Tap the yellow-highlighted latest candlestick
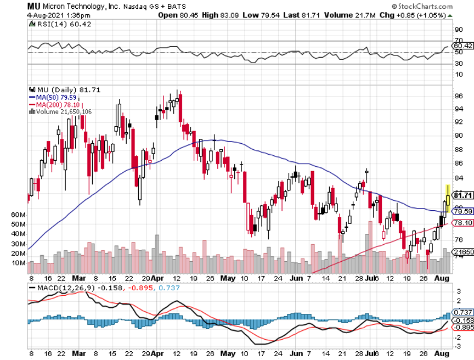(448, 199)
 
